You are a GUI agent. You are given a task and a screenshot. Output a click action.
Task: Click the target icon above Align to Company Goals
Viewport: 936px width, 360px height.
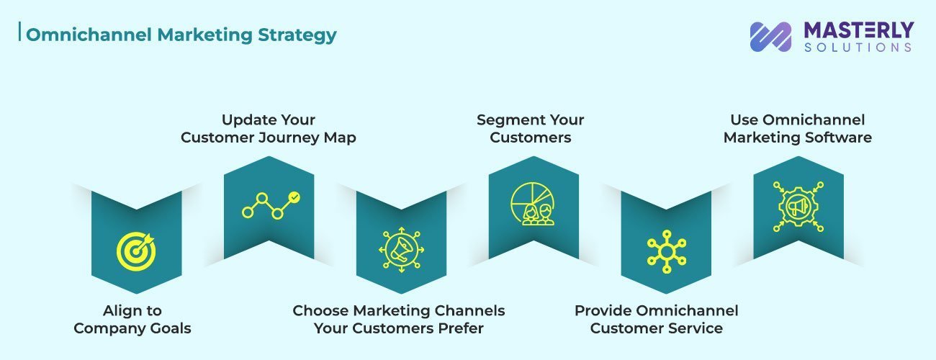pos(136,250)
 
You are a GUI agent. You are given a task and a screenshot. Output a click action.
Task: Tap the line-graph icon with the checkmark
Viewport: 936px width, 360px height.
pos(270,204)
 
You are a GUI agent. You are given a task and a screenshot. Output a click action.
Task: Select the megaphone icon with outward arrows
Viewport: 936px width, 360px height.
pos(401,249)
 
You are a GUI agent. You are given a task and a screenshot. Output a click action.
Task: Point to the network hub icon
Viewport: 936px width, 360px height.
pos(666,251)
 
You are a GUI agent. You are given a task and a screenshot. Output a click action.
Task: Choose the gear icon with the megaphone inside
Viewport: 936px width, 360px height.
pos(798,206)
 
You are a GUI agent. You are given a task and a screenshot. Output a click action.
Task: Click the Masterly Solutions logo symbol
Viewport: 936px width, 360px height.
pos(770,37)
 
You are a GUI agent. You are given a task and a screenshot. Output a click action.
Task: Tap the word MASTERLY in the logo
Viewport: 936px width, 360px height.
pos(858,30)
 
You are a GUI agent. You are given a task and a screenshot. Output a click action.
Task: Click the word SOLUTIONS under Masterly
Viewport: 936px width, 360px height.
pos(858,48)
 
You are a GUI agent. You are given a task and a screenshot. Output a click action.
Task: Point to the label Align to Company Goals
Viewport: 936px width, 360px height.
pos(132,320)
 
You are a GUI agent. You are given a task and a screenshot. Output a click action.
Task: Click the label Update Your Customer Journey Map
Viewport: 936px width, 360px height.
pos(269,129)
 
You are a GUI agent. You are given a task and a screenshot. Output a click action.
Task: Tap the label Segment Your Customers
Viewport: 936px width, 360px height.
pos(531,129)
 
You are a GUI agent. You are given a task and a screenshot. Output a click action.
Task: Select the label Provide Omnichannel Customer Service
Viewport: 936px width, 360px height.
pos(657,320)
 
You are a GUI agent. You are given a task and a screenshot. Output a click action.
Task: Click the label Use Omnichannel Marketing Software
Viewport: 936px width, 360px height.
pos(798,129)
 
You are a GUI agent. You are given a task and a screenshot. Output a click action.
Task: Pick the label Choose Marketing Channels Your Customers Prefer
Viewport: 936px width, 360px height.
pos(399,320)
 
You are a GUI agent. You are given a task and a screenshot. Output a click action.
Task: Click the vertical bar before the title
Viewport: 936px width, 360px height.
pos(21,35)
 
